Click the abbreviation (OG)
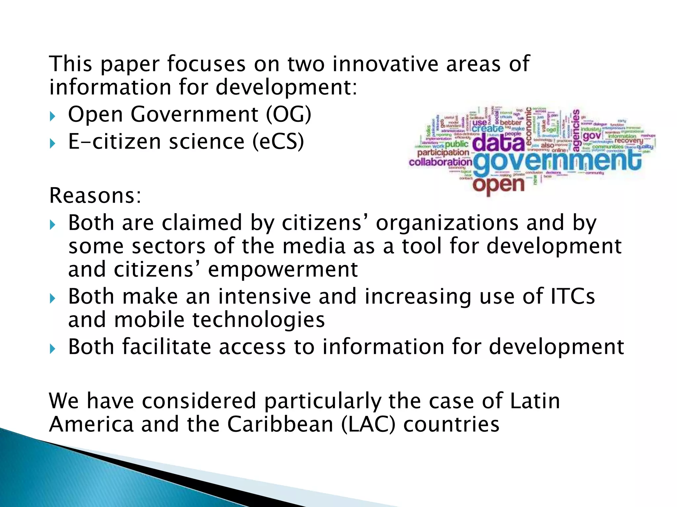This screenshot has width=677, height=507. [289, 115]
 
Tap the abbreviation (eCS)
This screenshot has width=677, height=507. [278, 142]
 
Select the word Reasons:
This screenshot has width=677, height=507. [95, 195]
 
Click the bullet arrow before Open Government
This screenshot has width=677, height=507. [52, 116]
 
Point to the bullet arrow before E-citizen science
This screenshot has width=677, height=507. [52, 143]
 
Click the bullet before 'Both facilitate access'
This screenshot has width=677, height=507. [52, 349]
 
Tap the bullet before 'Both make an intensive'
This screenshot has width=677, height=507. [52, 298]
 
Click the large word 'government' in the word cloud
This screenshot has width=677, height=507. [557, 162]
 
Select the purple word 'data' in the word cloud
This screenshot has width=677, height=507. [498, 143]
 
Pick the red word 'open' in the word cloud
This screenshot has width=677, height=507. [498, 185]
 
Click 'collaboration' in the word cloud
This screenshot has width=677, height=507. [440, 162]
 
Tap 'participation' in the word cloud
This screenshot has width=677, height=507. [443, 152]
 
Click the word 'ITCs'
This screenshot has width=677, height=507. [573, 296]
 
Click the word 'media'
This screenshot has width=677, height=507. [314, 246]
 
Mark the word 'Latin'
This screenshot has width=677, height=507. [535, 401]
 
